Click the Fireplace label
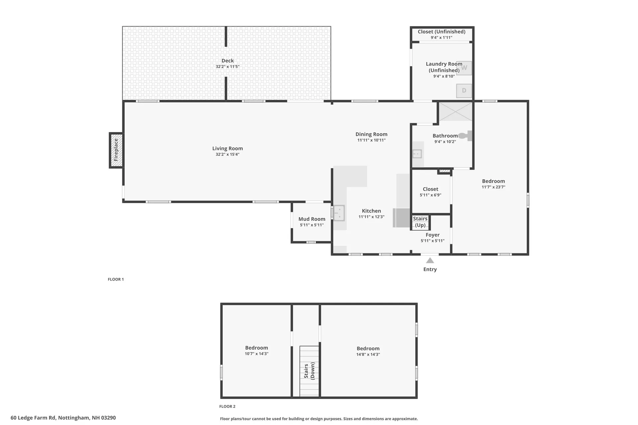coord(116,150)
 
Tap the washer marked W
coord(464,68)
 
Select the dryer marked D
coord(464,91)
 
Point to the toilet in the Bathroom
coord(465,135)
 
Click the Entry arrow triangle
coord(430,261)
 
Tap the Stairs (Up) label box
coord(420,222)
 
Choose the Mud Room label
coord(312,219)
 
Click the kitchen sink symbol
coord(339,213)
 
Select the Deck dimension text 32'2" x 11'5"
coord(228,67)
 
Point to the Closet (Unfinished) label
coord(441,32)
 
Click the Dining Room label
coord(371,134)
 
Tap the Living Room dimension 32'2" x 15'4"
coord(228,154)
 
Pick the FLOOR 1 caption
coord(116,279)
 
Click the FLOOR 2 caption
coord(227,406)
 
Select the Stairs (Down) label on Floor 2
coord(309,371)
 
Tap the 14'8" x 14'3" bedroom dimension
coord(368,354)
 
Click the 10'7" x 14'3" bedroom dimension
coord(257,354)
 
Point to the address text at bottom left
coord(63,418)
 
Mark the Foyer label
coord(433,235)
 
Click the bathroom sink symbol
coord(417,154)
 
